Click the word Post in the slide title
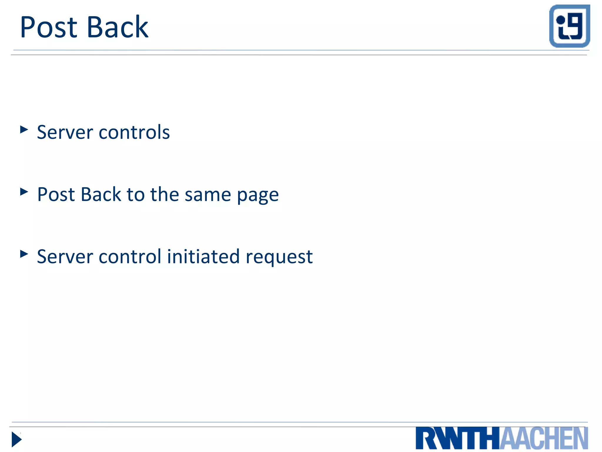(49, 27)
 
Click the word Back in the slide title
(118, 27)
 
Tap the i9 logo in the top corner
(569, 26)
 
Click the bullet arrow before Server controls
(24, 129)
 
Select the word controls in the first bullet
(134, 132)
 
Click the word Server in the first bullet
(65, 132)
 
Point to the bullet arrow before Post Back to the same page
(24, 192)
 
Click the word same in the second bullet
(208, 195)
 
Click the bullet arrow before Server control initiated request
(24, 254)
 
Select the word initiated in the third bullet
(203, 256)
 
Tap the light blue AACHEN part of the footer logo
(544, 438)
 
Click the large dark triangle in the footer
(16, 439)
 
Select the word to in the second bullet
(136, 195)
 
